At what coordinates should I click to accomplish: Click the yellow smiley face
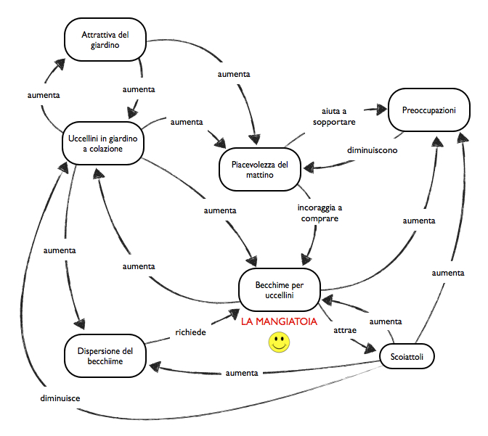278,343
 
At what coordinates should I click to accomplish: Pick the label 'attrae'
345,329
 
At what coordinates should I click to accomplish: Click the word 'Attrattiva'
94,34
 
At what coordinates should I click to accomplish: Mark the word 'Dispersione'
99,351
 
